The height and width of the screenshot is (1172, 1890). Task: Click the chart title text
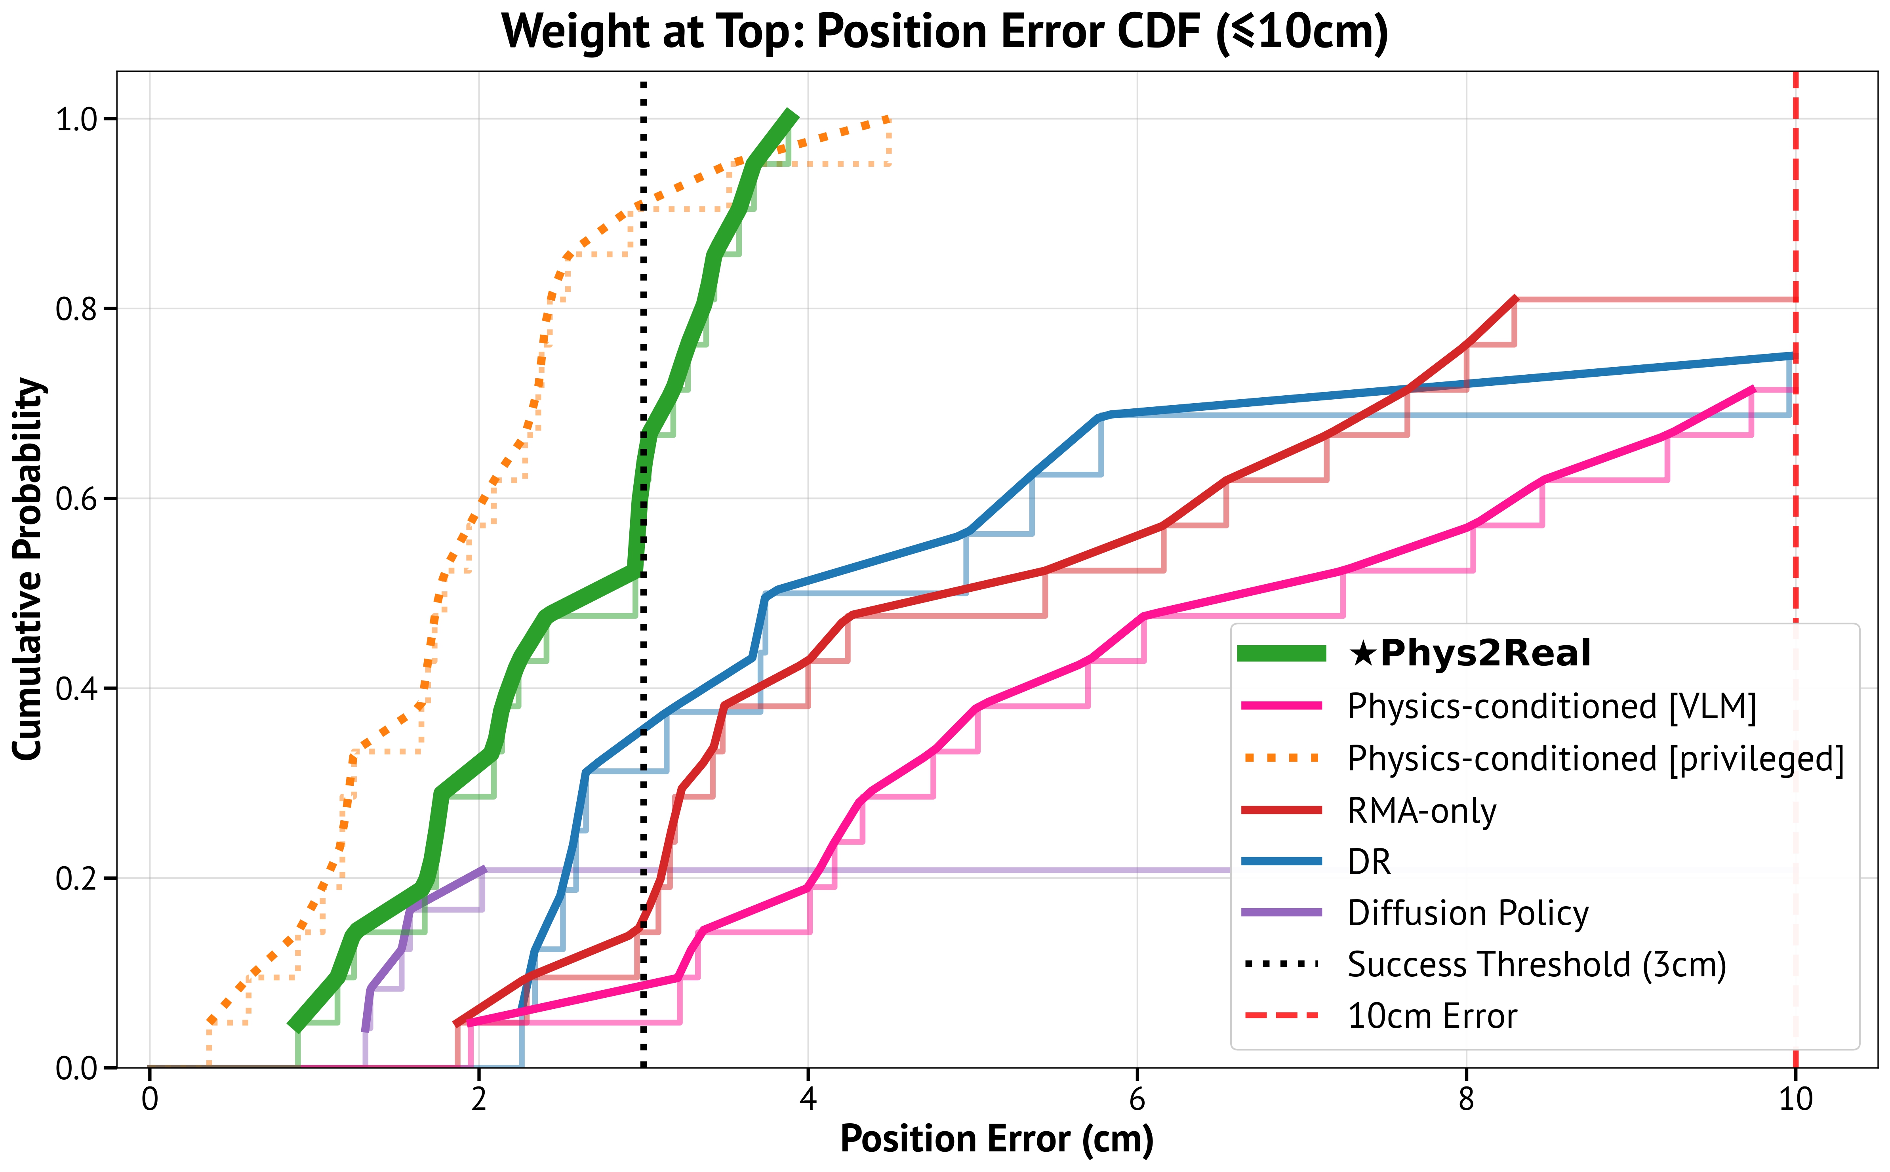[x=945, y=32]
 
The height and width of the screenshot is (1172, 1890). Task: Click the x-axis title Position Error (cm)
[x=996, y=1139]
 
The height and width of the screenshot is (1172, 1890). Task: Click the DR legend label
[x=1369, y=862]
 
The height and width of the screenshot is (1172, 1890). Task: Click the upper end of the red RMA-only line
[x=1515, y=298]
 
